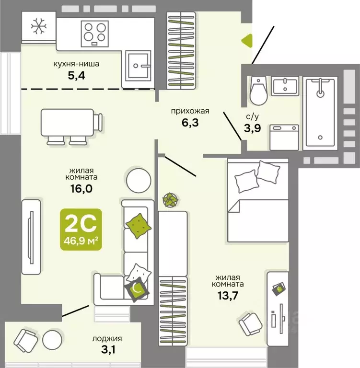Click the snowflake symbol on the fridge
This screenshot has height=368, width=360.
(x=38, y=26)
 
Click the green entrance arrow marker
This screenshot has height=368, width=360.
(x=246, y=41)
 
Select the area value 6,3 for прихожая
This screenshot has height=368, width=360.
(x=190, y=122)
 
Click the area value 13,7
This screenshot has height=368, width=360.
(x=227, y=294)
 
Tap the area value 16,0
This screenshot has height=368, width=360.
(x=80, y=188)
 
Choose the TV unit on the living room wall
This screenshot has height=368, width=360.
(x=31, y=236)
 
